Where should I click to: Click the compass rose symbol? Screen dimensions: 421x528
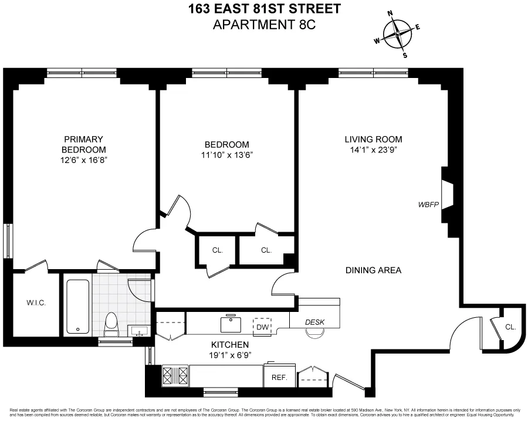tap(397, 35)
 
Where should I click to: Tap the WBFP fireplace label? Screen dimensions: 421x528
tap(428, 205)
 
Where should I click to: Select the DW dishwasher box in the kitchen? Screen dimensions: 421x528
tap(262, 327)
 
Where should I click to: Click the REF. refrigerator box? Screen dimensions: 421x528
tap(279, 378)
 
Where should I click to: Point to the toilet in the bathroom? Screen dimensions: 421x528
tap(110, 324)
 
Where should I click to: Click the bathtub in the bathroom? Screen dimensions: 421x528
tap(77, 307)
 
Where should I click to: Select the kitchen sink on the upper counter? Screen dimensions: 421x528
tap(230, 323)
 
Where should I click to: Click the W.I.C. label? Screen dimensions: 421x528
tap(36, 303)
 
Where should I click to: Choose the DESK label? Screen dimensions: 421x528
tap(315, 322)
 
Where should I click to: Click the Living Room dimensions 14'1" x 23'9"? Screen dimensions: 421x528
tap(373, 150)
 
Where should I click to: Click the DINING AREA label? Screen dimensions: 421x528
tap(373, 270)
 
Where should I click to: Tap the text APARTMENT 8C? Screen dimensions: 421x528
tap(264, 25)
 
